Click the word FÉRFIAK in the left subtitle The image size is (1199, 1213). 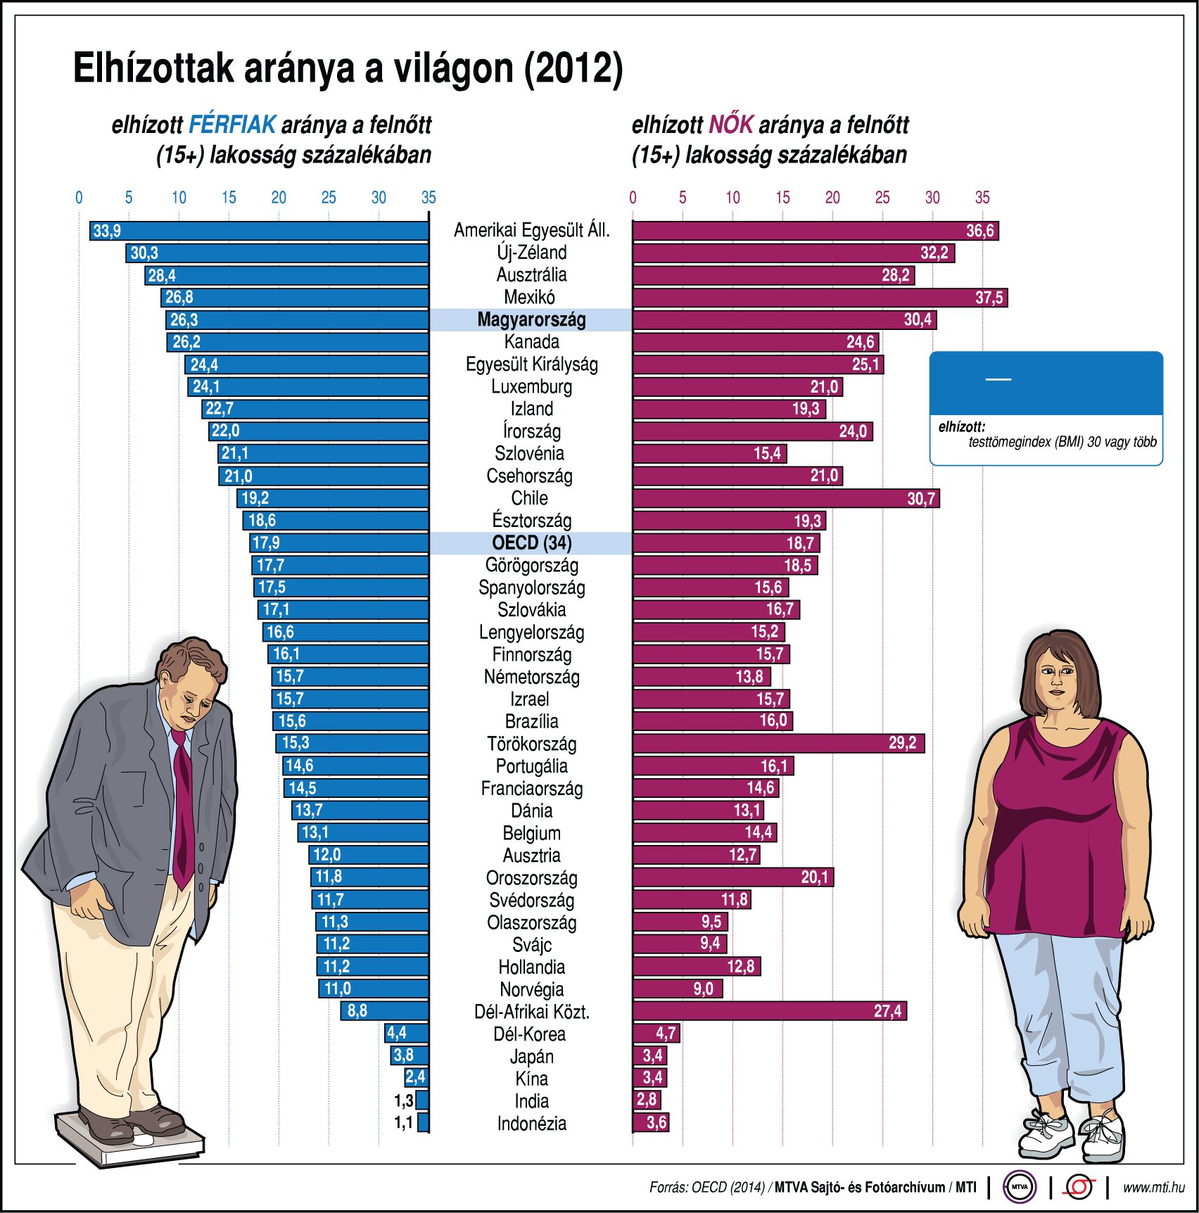(x=232, y=125)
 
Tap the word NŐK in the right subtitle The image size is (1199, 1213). (x=730, y=125)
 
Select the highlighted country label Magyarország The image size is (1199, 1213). (x=531, y=319)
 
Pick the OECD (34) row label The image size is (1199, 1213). (x=531, y=542)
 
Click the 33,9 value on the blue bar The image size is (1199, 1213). (x=107, y=231)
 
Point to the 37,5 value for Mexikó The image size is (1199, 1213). (x=989, y=298)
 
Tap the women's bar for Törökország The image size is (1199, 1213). (x=774, y=744)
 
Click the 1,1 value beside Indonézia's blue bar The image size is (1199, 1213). (x=403, y=1123)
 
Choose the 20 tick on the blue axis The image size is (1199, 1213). (x=279, y=198)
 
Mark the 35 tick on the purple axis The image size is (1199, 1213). (x=982, y=198)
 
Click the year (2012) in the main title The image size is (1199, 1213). (x=573, y=68)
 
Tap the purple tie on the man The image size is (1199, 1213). (x=182, y=809)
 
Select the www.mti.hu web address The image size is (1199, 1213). (x=1153, y=1188)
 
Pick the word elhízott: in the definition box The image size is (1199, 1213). (x=961, y=426)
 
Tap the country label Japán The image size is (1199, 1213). (x=531, y=1056)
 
